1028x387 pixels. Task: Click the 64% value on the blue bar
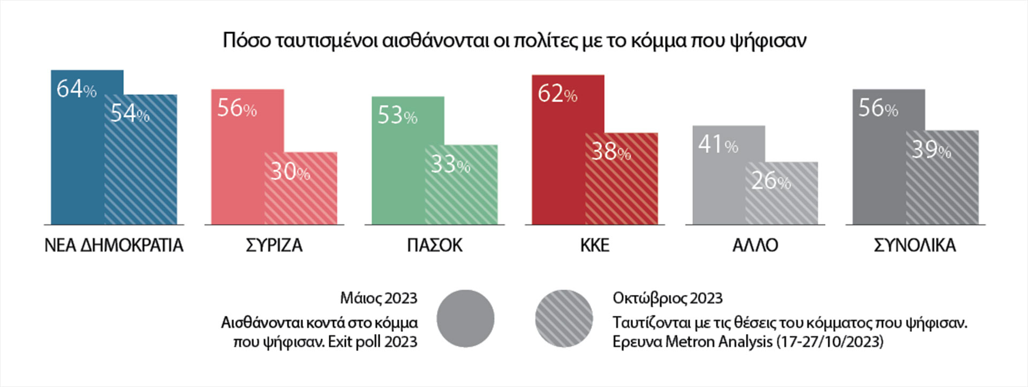(x=76, y=89)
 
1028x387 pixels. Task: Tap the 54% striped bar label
(x=130, y=113)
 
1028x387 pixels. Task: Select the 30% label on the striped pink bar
(x=290, y=171)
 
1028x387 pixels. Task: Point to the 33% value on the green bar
(x=450, y=164)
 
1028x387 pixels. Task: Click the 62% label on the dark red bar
(x=557, y=94)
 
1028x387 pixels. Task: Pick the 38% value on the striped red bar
(x=611, y=151)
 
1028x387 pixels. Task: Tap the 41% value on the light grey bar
(x=717, y=145)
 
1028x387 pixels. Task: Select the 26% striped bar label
(x=771, y=181)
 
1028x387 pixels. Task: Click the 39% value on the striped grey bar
(x=931, y=150)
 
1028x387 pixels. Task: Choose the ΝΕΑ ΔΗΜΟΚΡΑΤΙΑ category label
(x=114, y=246)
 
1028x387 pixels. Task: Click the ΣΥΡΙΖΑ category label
(x=274, y=246)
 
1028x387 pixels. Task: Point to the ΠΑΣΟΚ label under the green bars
(x=434, y=246)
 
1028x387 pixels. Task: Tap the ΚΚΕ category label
(x=594, y=246)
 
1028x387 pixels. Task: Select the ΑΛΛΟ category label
(x=755, y=246)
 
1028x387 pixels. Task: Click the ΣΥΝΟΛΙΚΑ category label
(x=914, y=246)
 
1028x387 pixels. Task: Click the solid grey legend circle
(x=465, y=318)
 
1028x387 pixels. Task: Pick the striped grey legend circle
(x=564, y=318)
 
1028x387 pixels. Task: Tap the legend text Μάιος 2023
(x=378, y=298)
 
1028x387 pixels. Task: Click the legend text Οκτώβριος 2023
(x=667, y=298)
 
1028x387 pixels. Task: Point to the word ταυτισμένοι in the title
(x=327, y=41)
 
